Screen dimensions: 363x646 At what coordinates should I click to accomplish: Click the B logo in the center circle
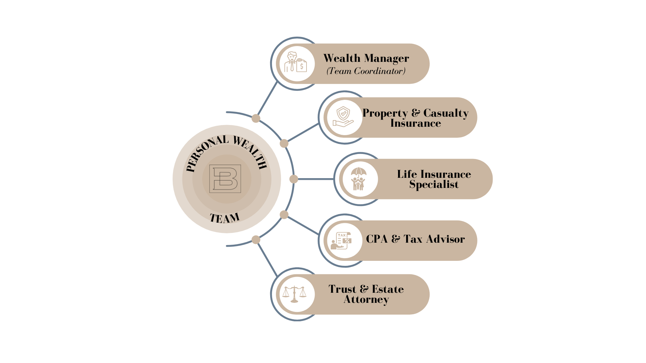coord(225,178)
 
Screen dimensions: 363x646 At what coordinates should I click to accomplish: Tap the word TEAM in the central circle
coord(224,218)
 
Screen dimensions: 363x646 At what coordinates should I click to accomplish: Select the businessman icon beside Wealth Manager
coord(295,64)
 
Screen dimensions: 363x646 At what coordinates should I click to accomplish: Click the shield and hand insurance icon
coord(343,117)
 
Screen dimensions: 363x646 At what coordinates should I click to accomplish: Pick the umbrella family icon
coord(358,179)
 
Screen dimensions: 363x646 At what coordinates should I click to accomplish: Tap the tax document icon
coord(343,240)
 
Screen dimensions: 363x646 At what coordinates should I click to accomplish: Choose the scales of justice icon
coord(294,294)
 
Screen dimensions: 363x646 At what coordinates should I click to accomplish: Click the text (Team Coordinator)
coord(366,71)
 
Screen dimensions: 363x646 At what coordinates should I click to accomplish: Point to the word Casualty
coord(446,113)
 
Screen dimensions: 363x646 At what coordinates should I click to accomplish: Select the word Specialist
coord(434,185)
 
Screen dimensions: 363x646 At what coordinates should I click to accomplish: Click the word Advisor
coord(445,239)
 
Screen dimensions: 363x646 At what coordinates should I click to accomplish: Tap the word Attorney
coord(366,299)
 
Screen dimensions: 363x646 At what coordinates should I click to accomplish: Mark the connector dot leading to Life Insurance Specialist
coord(294,179)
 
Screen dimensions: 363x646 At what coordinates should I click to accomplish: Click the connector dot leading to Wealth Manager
coord(256,118)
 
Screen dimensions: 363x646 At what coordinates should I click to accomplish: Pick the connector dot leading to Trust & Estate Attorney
coord(256,240)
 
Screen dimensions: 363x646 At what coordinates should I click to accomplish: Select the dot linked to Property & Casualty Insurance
coord(284,144)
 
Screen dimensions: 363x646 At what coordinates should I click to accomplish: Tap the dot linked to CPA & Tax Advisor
coord(284,215)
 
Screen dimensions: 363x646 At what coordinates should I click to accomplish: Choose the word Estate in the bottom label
coord(388,289)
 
